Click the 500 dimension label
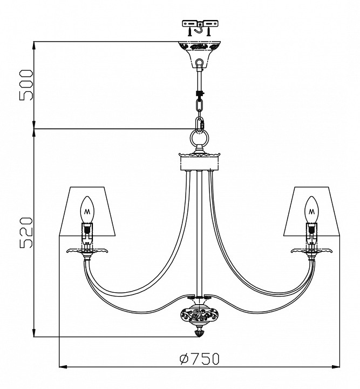pos(26,85)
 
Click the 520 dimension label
pos(26,232)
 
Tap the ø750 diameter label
pos(200,359)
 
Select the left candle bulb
pos(87,210)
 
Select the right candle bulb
pos(311,210)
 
